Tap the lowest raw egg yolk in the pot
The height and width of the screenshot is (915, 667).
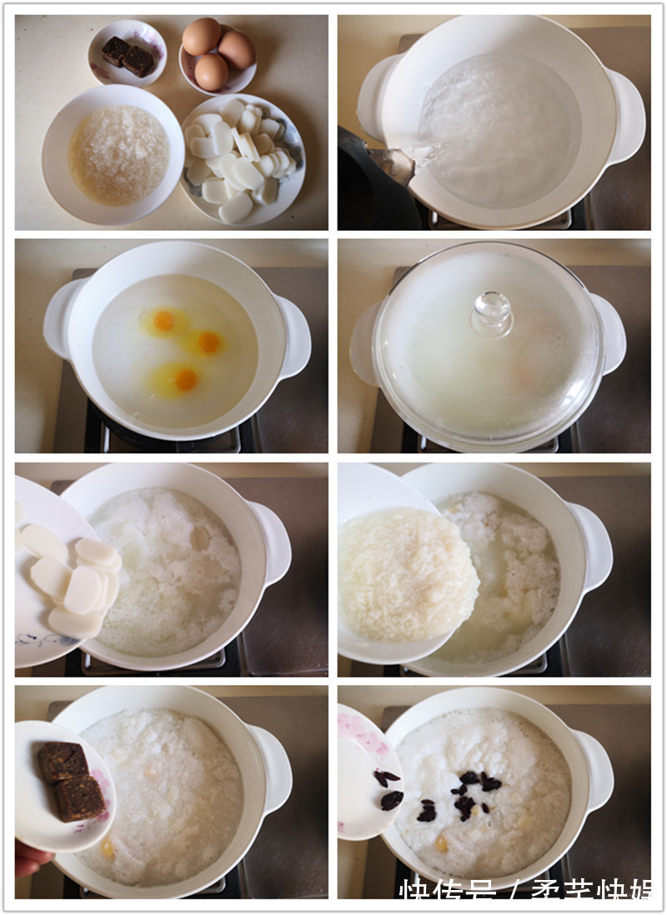(x=186, y=380)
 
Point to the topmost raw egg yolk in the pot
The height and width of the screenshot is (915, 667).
(x=164, y=320)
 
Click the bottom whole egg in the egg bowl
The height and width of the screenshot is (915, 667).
(x=211, y=72)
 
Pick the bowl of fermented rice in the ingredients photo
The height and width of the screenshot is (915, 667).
(x=113, y=155)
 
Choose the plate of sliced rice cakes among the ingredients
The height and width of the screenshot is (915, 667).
(x=242, y=157)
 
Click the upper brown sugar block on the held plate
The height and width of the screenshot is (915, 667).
(x=62, y=762)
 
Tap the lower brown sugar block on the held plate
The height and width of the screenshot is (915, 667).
(x=81, y=797)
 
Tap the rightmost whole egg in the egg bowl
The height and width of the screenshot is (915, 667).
(x=237, y=50)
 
